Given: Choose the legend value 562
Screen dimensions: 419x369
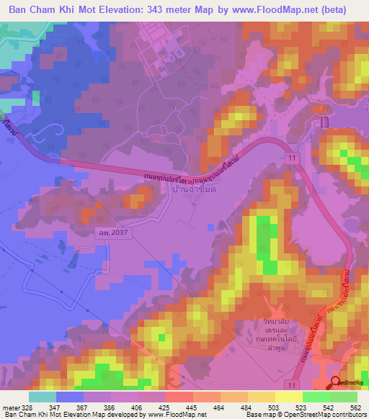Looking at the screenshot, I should pyautogui.click(x=353, y=407).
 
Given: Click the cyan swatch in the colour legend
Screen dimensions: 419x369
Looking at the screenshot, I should pyautogui.click(x=42, y=397).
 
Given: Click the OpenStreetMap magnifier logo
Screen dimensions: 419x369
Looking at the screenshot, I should pyautogui.click(x=335, y=382).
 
